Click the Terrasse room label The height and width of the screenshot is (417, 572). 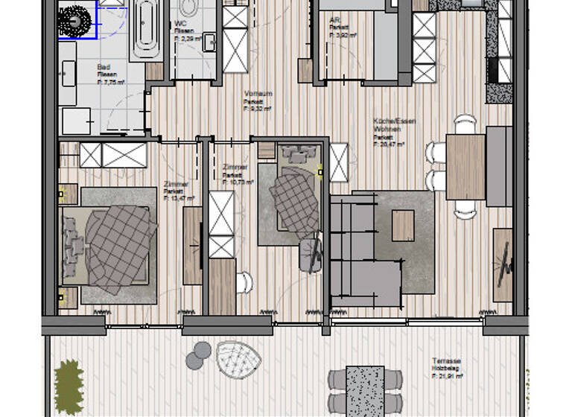pos(445,359)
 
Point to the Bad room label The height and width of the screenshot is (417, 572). pos(104,66)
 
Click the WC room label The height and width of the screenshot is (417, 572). pos(179,24)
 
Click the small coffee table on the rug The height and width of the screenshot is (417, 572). pos(403,225)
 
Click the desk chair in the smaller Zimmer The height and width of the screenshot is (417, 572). pos(311,255)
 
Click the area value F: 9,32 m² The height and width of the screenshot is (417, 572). pos(258,109)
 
